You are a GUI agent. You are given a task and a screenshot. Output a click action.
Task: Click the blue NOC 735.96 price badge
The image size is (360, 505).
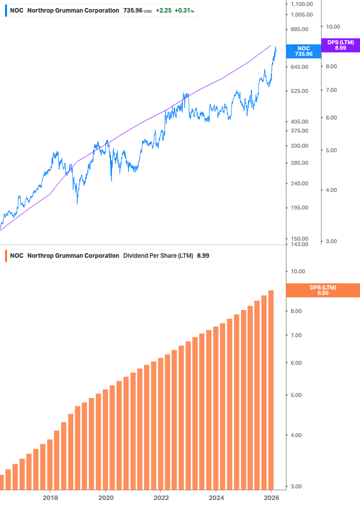click(303, 51)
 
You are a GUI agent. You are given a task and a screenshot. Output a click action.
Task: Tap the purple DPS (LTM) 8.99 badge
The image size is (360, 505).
click(340, 45)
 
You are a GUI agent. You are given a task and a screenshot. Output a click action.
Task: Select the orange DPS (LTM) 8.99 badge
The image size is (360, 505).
click(322, 290)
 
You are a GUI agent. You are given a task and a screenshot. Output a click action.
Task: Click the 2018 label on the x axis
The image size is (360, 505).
click(50, 497)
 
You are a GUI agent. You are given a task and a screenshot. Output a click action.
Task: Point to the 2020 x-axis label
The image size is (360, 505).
click(105, 497)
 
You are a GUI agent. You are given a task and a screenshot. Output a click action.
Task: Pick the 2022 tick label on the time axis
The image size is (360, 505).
click(161, 497)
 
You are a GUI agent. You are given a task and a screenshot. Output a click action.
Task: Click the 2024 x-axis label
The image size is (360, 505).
click(215, 497)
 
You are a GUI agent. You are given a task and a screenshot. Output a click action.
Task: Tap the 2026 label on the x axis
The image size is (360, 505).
click(271, 497)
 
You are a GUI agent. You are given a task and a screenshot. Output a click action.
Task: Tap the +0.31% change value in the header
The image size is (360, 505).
click(184, 11)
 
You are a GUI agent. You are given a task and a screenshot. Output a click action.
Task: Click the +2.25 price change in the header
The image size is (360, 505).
click(163, 11)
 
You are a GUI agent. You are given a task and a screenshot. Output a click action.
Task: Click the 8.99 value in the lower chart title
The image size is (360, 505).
click(203, 256)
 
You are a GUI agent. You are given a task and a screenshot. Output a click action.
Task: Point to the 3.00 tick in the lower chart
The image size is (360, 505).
click(298, 486)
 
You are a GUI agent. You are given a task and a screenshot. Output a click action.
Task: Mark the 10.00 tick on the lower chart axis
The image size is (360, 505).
click(298, 271)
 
